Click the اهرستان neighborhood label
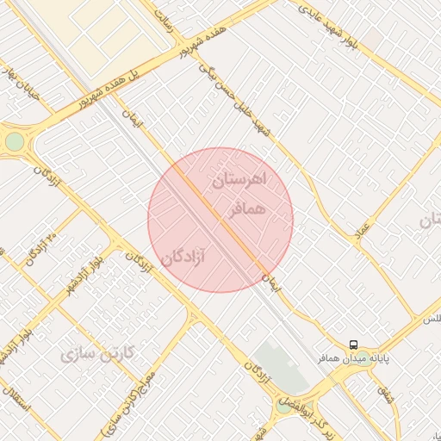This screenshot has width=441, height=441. (x=240, y=181)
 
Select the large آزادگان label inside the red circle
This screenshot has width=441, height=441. (x=185, y=256)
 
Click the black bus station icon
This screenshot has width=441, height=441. (x=354, y=344)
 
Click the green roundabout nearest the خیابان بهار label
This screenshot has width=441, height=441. (x=15, y=141)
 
